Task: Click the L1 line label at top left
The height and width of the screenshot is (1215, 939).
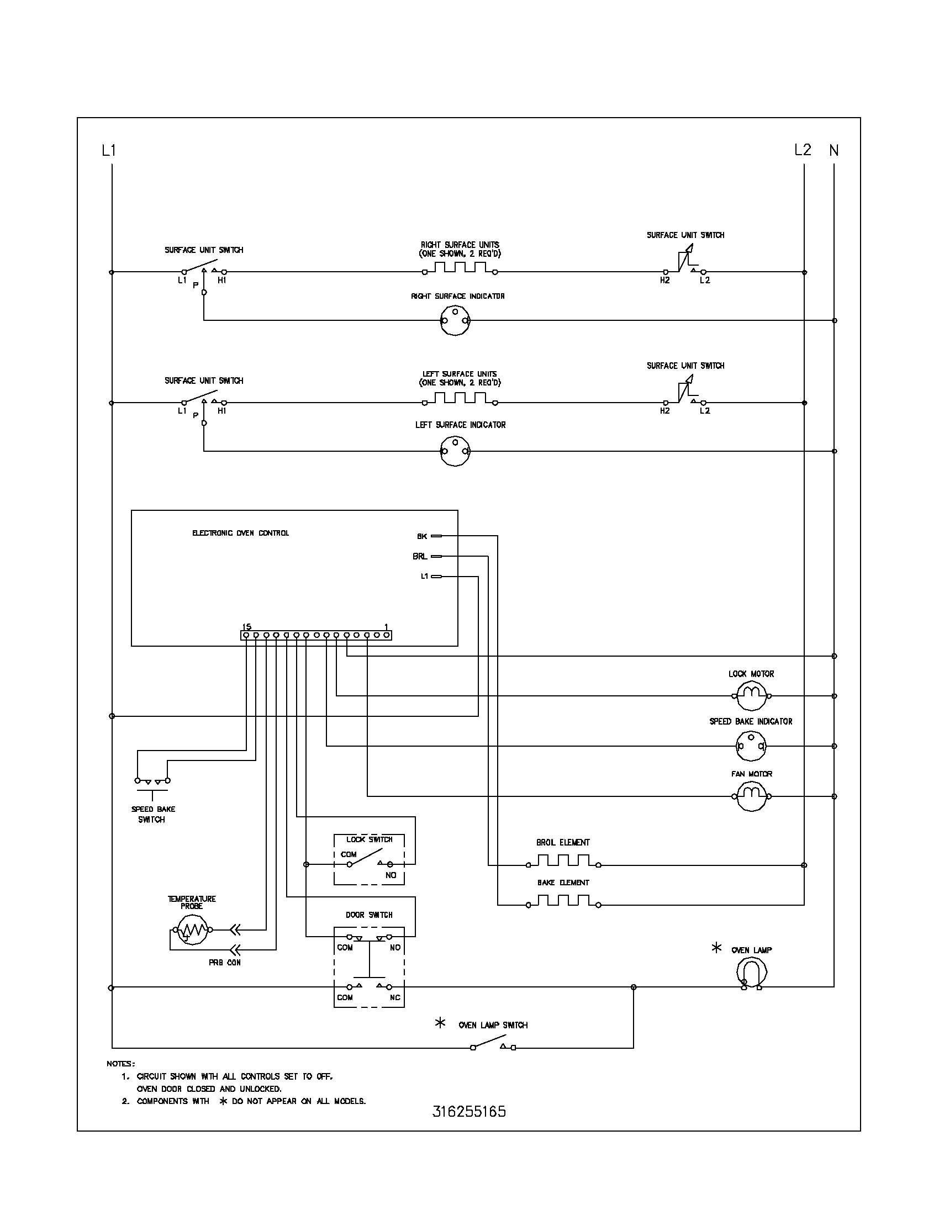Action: [108, 150]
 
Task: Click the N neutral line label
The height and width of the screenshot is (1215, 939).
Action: [834, 150]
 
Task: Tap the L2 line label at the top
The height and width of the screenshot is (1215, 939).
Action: [803, 150]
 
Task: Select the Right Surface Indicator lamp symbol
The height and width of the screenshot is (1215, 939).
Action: [455, 321]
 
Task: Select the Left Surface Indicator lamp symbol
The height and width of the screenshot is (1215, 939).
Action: [455, 451]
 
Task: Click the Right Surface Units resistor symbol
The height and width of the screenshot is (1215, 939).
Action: [460, 268]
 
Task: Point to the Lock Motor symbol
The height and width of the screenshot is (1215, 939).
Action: [752, 696]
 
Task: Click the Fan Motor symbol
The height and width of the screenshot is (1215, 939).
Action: [752, 796]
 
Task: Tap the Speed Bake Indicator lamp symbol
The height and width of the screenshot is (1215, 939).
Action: [751, 746]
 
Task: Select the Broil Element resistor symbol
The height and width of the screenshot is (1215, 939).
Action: [563, 861]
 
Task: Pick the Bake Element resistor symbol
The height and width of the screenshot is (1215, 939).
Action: [563, 901]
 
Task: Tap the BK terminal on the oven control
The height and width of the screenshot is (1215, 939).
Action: [437, 536]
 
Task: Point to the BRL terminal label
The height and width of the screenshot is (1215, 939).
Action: [420, 556]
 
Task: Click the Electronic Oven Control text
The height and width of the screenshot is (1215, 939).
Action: [240, 533]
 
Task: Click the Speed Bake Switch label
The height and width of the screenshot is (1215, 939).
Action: [152, 814]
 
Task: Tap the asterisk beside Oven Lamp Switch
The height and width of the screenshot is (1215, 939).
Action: [440, 1023]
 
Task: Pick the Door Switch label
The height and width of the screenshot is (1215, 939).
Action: [369, 915]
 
